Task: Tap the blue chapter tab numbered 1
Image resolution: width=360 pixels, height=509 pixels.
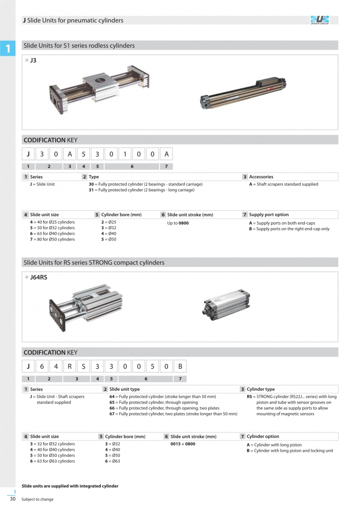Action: coord(8,48)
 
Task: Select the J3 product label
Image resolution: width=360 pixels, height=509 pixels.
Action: coord(33,61)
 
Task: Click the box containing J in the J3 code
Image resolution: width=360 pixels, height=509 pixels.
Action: coord(29,154)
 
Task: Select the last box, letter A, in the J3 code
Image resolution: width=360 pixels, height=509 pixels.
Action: coord(167,154)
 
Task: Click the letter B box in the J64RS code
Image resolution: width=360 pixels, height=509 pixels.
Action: coord(180,367)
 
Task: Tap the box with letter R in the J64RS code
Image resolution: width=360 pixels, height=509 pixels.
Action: coord(70,367)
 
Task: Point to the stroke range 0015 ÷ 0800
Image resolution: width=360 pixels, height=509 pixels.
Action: coord(182,444)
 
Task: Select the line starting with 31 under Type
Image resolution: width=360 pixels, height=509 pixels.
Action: coord(141,190)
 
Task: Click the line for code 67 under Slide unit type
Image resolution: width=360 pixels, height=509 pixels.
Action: coord(173,414)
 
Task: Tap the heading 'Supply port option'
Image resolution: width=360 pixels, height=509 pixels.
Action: coord(269,215)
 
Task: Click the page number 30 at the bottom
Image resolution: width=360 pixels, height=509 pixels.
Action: coord(13,499)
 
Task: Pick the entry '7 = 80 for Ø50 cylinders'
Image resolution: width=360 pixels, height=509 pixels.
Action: coord(52,240)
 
